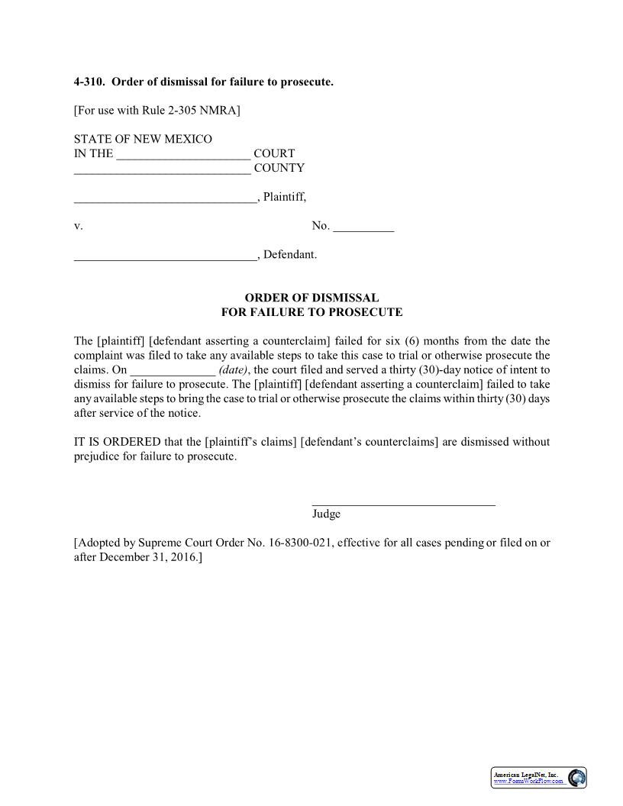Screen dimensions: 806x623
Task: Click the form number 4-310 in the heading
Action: (x=89, y=82)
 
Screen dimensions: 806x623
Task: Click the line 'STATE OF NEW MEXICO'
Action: (x=143, y=139)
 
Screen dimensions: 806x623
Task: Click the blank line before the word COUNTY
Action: (x=162, y=169)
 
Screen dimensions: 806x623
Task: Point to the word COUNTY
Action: (x=279, y=168)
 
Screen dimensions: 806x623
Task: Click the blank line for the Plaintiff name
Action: (x=165, y=198)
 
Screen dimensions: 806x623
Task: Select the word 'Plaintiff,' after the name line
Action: (x=285, y=197)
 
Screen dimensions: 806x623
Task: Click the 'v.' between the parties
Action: (x=78, y=226)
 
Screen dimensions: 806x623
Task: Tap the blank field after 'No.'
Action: (x=363, y=227)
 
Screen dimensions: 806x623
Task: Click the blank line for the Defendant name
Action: (x=165, y=256)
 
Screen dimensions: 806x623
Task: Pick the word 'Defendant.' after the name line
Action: (x=289, y=255)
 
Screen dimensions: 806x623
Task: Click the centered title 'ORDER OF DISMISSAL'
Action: (x=311, y=298)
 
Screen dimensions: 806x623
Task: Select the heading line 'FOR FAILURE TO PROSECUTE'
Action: (x=311, y=312)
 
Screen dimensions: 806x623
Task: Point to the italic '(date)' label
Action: (x=233, y=370)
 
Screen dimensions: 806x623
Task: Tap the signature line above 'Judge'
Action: (x=403, y=503)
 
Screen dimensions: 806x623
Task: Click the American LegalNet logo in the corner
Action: (x=538, y=778)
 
